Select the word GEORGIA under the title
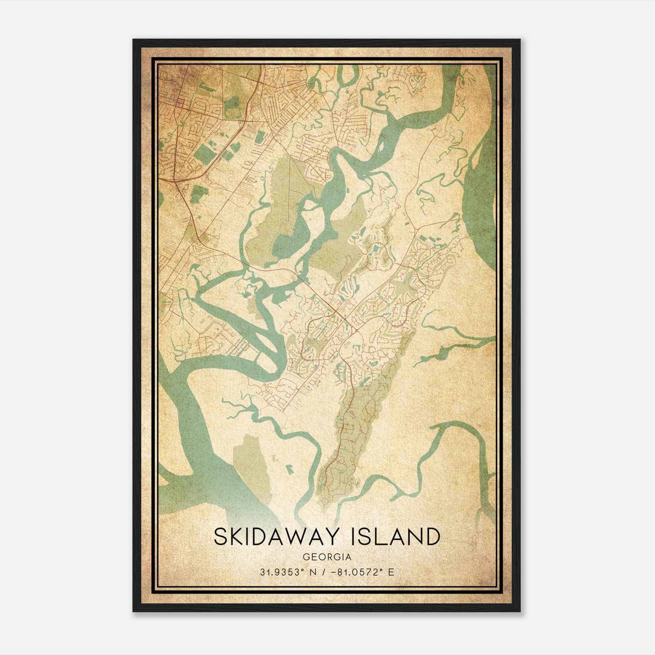327,557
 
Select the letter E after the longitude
391,572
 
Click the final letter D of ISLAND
432,537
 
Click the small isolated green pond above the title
291,467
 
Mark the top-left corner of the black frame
133,40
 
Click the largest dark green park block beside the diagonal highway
203,154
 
